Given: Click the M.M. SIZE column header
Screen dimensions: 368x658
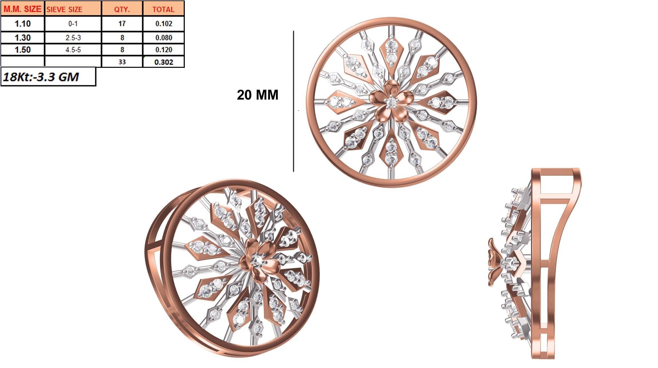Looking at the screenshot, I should (22, 9).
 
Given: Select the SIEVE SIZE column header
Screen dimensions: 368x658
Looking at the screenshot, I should (64, 9).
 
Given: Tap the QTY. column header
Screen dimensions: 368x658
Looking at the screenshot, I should (122, 9).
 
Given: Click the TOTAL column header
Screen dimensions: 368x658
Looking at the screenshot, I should (163, 9).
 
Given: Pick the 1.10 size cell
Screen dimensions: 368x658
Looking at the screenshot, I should (23, 23).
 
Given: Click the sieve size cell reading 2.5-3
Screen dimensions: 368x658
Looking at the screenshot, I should (73, 37).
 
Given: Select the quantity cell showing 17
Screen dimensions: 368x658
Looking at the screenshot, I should (122, 23).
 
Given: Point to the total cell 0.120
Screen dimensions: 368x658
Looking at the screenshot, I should (164, 50).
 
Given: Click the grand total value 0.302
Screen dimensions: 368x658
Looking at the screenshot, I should (164, 62).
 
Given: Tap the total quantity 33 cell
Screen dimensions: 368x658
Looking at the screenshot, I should (122, 62).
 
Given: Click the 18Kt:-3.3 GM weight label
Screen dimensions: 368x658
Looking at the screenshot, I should (41, 77).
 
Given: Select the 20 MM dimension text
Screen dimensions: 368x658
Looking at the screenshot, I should (257, 95).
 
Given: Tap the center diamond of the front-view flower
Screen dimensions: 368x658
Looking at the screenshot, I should (391, 101).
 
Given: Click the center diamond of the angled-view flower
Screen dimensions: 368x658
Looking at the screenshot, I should (257, 260).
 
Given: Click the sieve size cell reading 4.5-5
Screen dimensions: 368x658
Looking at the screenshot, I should (73, 50).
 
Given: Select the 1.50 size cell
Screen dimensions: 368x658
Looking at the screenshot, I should (23, 50).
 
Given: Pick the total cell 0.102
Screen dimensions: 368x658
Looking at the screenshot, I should (164, 23).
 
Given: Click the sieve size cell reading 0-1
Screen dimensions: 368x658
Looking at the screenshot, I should (73, 23).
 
